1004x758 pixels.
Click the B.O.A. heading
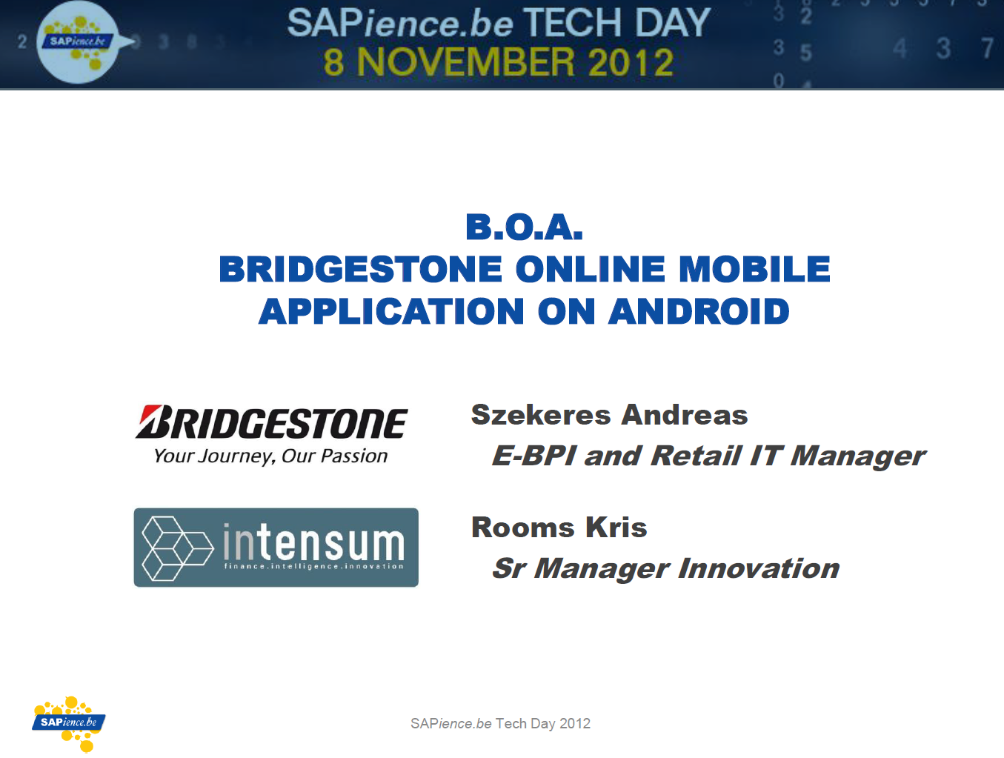(524, 227)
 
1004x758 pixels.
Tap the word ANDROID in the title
(699, 311)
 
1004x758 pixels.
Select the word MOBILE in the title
(754, 269)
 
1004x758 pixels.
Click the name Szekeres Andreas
(609, 415)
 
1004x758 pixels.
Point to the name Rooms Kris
(559, 527)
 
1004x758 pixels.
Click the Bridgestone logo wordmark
(271, 422)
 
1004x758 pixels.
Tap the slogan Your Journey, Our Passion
(270, 456)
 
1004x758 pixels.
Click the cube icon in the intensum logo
(178, 548)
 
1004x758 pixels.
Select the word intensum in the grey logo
(313, 542)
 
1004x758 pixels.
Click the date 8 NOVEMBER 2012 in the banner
(499, 62)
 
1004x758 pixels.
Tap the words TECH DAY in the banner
(617, 23)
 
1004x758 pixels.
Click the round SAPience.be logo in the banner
(78, 42)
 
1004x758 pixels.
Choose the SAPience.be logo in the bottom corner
(69, 724)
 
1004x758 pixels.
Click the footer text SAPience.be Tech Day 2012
(500, 723)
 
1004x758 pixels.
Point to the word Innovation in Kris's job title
(759, 568)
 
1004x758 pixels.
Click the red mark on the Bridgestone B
(150, 413)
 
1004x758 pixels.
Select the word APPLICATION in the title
(391, 311)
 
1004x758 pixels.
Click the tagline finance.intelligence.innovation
(313, 566)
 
